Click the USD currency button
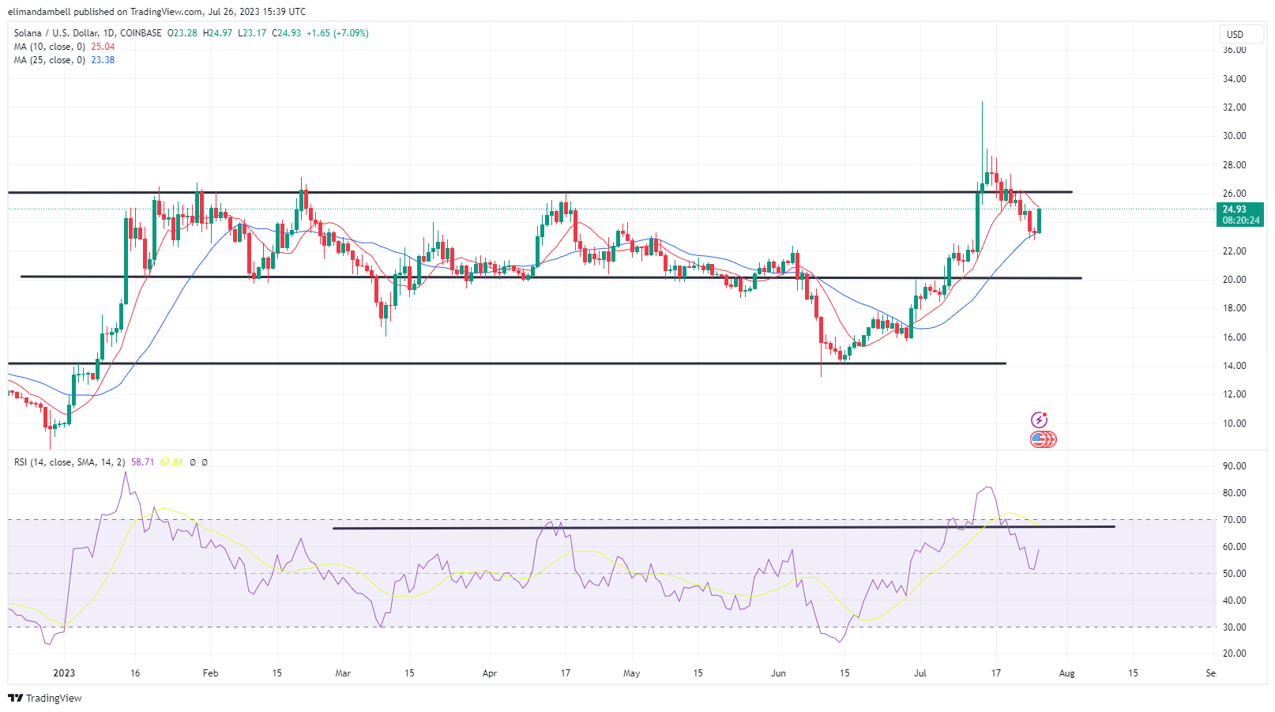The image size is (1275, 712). click(x=1235, y=34)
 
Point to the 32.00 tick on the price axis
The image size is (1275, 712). click(x=1234, y=107)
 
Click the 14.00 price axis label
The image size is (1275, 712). click(x=1234, y=366)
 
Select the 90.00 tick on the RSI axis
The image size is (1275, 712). click(x=1234, y=466)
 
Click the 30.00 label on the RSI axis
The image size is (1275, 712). click(x=1234, y=627)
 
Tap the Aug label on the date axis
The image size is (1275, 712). click(x=1066, y=673)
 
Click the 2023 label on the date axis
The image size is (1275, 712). click(x=64, y=673)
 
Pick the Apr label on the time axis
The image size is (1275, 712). click(x=490, y=673)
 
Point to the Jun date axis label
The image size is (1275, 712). click(x=779, y=673)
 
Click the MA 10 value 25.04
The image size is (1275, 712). click(x=103, y=47)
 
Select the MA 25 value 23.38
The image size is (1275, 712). click(x=103, y=60)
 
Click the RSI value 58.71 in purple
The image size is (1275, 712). click(x=142, y=462)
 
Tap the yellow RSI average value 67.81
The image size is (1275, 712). click(x=171, y=462)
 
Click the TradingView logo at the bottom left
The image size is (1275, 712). click(x=45, y=698)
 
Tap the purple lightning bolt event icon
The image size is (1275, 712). click(x=1040, y=420)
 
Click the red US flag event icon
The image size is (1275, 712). click(x=1042, y=439)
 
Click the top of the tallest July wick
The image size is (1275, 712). click(x=982, y=103)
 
